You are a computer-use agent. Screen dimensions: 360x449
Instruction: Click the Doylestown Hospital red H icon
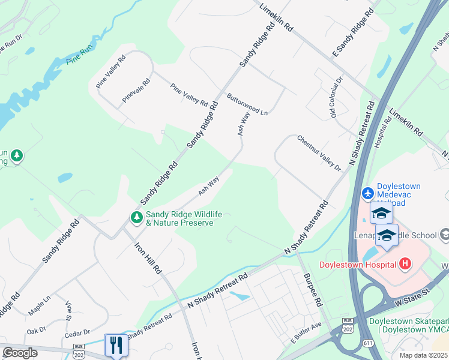406,264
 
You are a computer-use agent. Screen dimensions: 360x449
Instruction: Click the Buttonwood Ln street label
247,103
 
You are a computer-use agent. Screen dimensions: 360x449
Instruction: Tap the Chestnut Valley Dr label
319,153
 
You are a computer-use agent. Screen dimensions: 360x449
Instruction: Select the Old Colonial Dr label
336,96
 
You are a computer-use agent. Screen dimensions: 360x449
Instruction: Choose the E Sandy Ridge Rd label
353,34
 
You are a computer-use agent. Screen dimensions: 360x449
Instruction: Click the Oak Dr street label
36,330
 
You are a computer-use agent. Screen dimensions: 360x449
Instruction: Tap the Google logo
20,353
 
